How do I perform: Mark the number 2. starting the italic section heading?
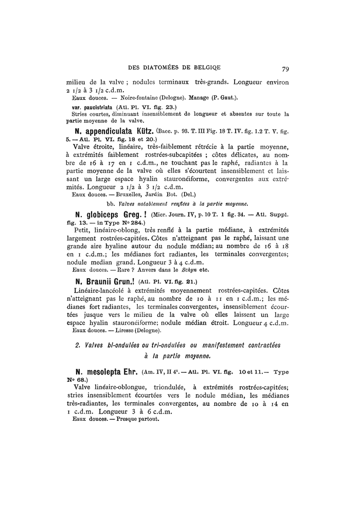(x=78, y=344)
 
